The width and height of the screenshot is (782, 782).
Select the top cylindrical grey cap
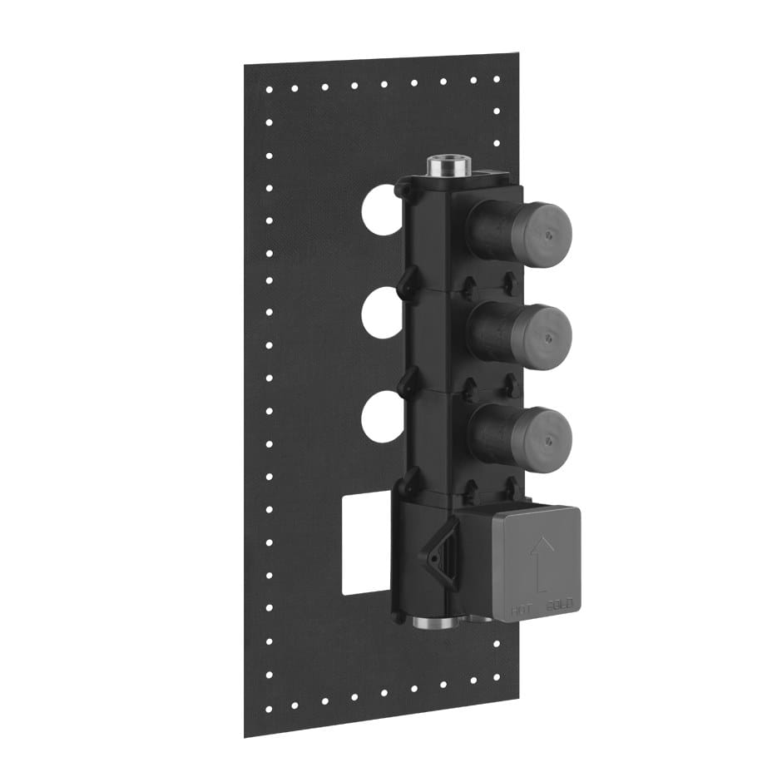pos(532,230)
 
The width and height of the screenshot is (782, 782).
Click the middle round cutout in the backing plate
pos(383,314)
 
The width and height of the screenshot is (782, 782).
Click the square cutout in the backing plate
pos(366,545)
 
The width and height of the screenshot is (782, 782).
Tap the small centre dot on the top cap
pos(548,235)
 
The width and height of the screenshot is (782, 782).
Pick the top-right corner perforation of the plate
pos(497,80)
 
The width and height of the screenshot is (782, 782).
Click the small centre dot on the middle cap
pos(548,338)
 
